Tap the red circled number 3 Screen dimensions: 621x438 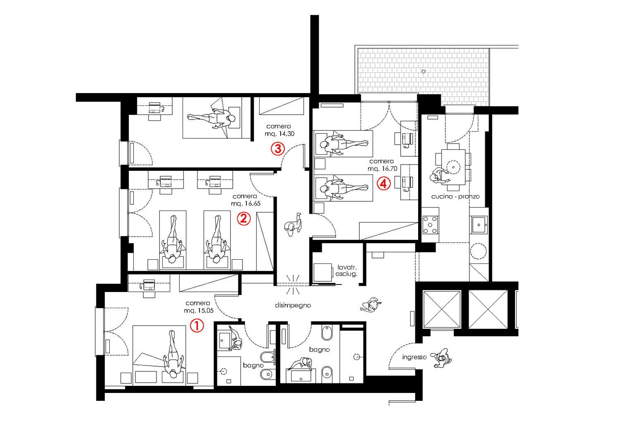click(x=278, y=148)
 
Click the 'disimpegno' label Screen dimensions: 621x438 click(x=293, y=305)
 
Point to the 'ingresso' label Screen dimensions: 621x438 click(x=414, y=357)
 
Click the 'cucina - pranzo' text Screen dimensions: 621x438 click(x=455, y=196)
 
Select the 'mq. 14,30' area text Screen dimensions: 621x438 click(x=279, y=134)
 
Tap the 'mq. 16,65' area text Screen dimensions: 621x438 click(x=246, y=203)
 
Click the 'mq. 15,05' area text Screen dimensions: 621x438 click(x=199, y=310)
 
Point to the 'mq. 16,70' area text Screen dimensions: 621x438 click(x=382, y=168)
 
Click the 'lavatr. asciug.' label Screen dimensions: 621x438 click(x=347, y=270)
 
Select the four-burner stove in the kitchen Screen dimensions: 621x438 click(x=430, y=225)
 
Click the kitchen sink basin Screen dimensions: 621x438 click(x=479, y=225)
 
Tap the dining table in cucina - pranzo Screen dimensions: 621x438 click(x=453, y=167)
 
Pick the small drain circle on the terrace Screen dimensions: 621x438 click(x=424, y=71)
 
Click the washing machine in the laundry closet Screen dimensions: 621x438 click(x=323, y=272)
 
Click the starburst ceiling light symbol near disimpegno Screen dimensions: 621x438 click(x=293, y=284)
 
